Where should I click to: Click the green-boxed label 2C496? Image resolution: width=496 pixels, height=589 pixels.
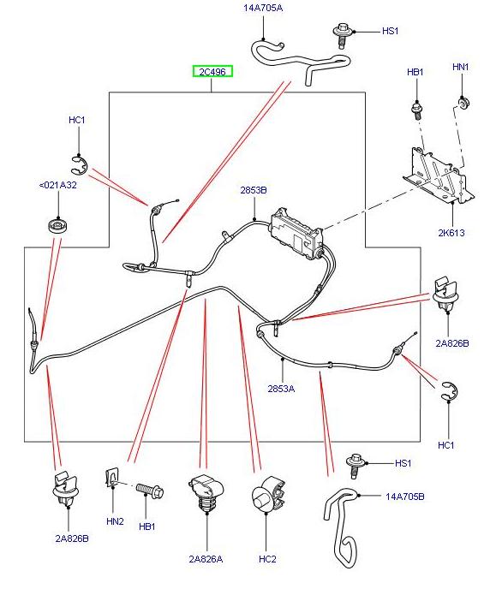click(212, 72)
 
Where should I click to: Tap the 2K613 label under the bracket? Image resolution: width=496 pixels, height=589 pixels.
click(452, 231)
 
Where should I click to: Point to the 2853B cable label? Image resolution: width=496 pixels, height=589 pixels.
click(254, 189)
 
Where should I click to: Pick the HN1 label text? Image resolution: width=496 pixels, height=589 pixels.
click(461, 67)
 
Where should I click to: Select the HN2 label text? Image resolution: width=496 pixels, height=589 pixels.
click(115, 521)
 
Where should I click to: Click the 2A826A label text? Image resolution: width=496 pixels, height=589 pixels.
click(206, 559)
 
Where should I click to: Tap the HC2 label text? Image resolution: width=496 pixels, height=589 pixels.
click(267, 559)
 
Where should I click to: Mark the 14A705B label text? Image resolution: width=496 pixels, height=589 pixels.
click(404, 496)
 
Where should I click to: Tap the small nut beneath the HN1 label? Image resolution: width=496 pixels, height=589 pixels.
click(463, 104)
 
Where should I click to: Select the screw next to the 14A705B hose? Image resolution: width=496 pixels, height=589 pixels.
click(356, 465)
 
